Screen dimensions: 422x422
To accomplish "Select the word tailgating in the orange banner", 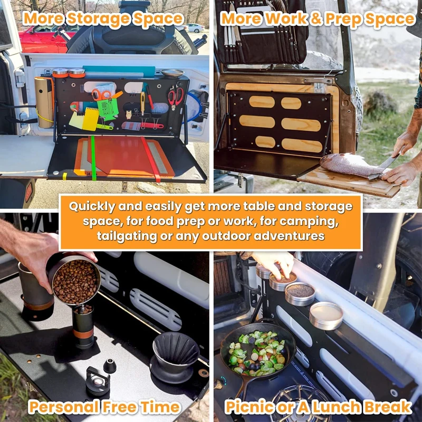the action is [x=127, y=236].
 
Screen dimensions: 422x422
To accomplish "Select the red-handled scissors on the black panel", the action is [x=175, y=98].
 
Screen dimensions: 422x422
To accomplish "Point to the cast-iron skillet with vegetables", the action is [x=257, y=352].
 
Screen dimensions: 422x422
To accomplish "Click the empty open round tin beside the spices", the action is [x=326, y=315].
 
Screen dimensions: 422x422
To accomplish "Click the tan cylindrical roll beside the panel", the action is [x=43, y=102].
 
